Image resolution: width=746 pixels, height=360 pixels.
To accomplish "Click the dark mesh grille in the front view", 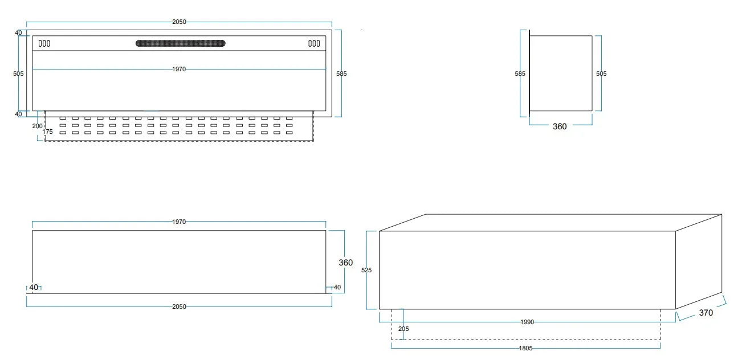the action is click(x=181, y=43).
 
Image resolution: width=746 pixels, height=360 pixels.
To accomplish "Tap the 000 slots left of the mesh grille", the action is click(x=44, y=43).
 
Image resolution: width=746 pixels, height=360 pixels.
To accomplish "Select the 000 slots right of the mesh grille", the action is click(x=314, y=43).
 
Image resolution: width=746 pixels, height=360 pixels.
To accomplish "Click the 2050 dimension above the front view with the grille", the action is click(x=179, y=22).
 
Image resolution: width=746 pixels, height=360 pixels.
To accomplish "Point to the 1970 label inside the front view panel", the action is click(x=179, y=69).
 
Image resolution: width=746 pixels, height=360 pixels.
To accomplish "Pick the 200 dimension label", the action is click(x=37, y=126).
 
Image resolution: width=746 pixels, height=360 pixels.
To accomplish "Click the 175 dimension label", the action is click(x=48, y=132).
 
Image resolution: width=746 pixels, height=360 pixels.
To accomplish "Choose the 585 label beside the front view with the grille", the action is click(x=341, y=73).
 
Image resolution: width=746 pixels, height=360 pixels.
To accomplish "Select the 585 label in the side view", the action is click(x=520, y=73).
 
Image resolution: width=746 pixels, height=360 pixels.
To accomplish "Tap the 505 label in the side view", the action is click(x=601, y=73).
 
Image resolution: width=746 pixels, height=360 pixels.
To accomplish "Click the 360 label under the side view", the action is click(x=560, y=126).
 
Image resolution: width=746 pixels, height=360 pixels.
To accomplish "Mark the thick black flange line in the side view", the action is click(x=529, y=73).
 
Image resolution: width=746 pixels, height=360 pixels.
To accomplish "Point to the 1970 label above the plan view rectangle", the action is click(x=179, y=222).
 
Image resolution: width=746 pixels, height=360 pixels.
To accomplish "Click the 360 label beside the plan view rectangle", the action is click(x=346, y=263).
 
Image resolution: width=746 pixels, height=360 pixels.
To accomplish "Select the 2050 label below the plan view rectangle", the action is click(x=179, y=306).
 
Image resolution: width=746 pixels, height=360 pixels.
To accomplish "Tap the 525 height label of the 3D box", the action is click(x=366, y=271).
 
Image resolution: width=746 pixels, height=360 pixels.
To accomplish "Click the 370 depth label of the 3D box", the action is click(x=706, y=313).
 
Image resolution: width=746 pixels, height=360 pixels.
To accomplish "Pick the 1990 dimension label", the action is click(x=527, y=322).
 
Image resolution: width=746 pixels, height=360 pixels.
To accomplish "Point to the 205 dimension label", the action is click(x=403, y=329).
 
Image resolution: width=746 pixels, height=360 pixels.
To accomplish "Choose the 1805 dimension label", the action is click(x=525, y=349).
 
